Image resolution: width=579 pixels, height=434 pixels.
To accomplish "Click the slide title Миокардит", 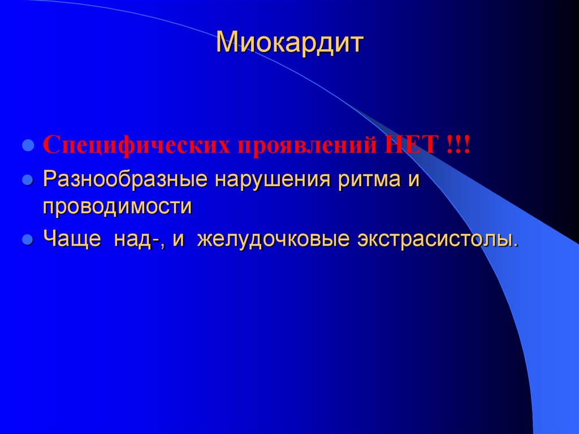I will [x=288, y=44].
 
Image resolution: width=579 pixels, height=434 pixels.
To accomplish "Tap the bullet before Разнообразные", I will [x=26, y=181].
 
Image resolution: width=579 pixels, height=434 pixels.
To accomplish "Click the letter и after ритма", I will [x=416, y=182].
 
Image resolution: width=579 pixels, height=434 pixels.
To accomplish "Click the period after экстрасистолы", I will [x=515, y=245].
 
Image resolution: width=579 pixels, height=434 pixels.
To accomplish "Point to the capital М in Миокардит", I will [x=227, y=44].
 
